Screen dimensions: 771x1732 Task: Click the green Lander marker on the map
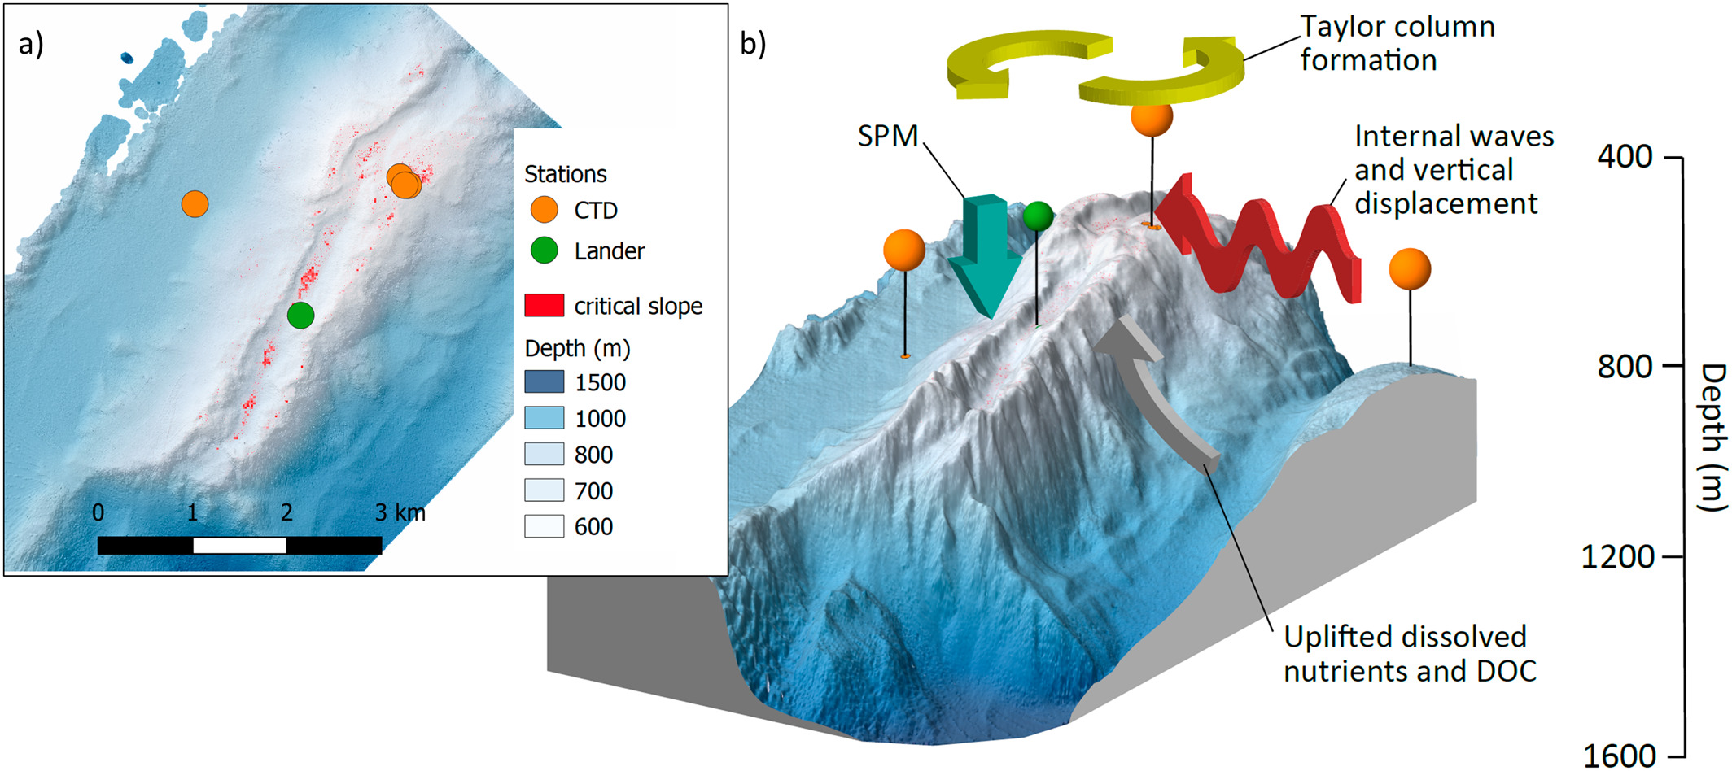coord(300,315)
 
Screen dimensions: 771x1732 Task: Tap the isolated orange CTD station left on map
coord(195,203)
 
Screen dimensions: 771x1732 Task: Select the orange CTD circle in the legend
coord(544,210)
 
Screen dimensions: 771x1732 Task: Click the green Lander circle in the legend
coord(544,250)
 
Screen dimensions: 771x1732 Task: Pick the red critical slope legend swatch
coord(544,306)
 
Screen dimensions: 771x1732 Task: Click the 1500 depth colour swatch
coord(544,382)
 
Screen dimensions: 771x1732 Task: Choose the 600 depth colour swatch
coord(544,526)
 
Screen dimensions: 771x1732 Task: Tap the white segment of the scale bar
coord(239,545)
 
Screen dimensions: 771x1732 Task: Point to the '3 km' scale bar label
coord(400,512)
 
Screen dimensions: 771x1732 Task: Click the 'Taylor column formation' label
coord(1396,44)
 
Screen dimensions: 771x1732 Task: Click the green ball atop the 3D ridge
coord(1038,216)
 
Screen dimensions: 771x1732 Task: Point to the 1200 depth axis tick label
coord(1617,557)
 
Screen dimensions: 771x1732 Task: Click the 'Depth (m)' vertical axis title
coord(1712,438)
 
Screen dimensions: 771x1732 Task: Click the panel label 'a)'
coord(31,44)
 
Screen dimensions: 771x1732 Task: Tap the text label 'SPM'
coord(887,136)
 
